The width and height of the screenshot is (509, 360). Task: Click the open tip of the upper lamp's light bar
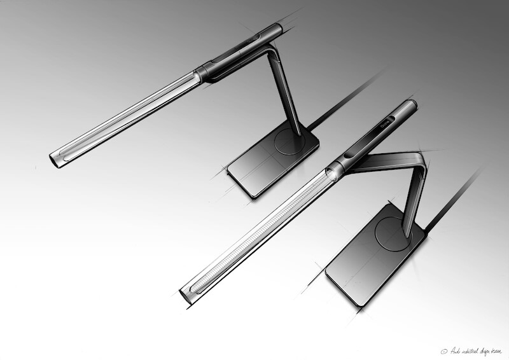point(55,155)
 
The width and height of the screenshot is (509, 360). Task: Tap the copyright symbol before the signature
point(443,349)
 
